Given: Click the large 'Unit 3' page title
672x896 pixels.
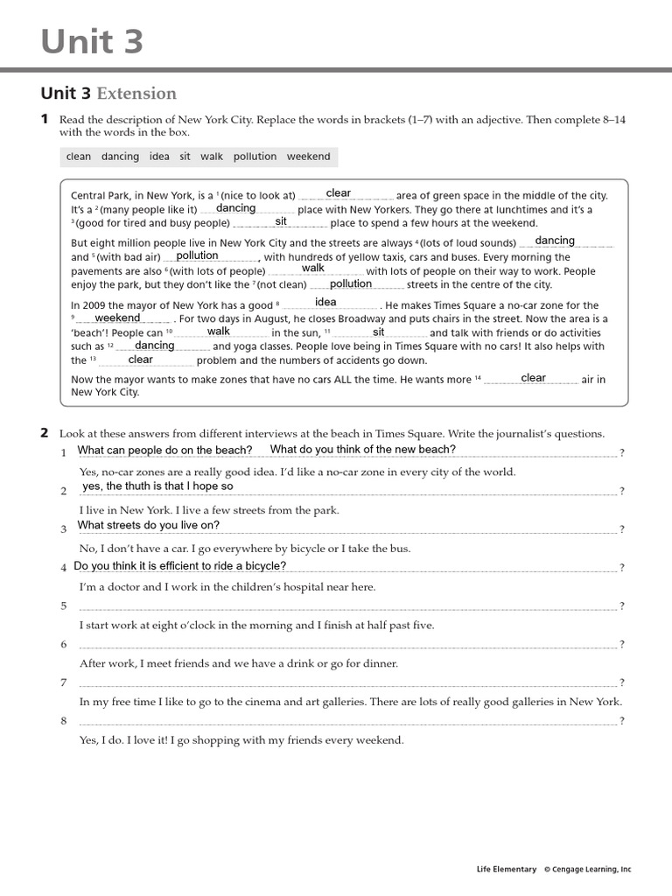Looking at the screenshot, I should [x=92, y=41].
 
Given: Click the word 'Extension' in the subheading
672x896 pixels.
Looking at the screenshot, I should [x=136, y=94].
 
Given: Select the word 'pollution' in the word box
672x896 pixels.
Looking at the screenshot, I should [x=255, y=157].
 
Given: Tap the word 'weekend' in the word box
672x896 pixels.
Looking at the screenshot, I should [x=308, y=157].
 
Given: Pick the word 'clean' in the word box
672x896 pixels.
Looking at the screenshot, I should [x=78, y=157].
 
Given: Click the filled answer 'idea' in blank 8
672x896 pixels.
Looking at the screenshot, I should [x=325, y=303].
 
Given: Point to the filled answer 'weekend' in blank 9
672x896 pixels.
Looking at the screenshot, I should [x=117, y=318].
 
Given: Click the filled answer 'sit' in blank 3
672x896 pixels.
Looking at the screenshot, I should [x=281, y=222].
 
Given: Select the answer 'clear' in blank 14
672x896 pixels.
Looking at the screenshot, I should [x=533, y=378].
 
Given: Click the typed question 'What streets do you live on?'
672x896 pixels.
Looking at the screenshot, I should [x=149, y=526].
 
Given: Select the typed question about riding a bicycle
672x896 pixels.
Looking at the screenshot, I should [x=168, y=566].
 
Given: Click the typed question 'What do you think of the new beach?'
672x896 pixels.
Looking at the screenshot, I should [x=363, y=450].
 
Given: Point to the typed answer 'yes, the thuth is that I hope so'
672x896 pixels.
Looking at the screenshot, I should [x=157, y=486].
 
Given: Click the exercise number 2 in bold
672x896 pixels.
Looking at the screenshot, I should [x=45, y=433].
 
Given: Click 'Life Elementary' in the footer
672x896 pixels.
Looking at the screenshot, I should [x=506, y=869].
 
